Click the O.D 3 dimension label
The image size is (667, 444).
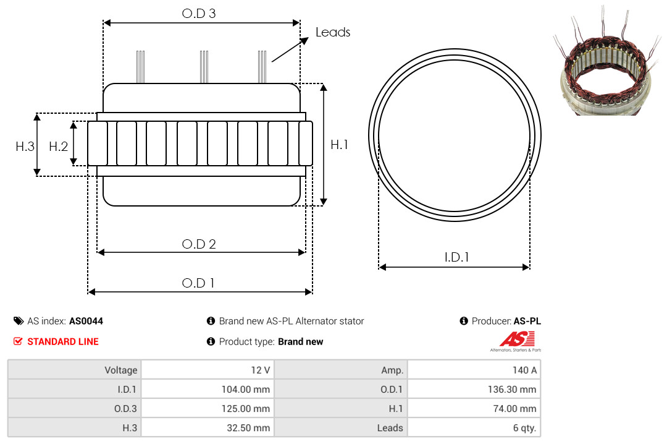coord(199,14)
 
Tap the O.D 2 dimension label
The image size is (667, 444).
coord(199,244)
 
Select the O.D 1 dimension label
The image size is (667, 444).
coord(198,283)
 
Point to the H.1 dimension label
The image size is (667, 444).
coord(340,145)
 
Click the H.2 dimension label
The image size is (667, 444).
coord(58,147)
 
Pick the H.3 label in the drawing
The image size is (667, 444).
coord(25,147)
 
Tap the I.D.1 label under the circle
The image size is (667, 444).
coord(456,257)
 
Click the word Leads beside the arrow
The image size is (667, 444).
coord(333,32)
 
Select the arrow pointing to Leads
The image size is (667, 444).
coord(290,49)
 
